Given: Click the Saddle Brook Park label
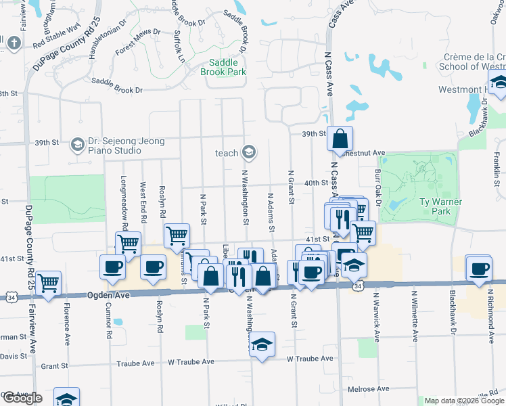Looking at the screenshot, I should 223,67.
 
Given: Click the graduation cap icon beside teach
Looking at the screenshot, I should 249,152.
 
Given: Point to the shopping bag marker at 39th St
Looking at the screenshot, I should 340,140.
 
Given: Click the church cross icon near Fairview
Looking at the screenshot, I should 13,43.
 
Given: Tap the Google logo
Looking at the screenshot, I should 22,398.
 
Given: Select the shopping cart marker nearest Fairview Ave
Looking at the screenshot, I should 49,284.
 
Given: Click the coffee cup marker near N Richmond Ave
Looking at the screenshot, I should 479,268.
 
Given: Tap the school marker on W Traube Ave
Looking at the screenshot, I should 262,345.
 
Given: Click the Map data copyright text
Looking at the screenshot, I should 465,401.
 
